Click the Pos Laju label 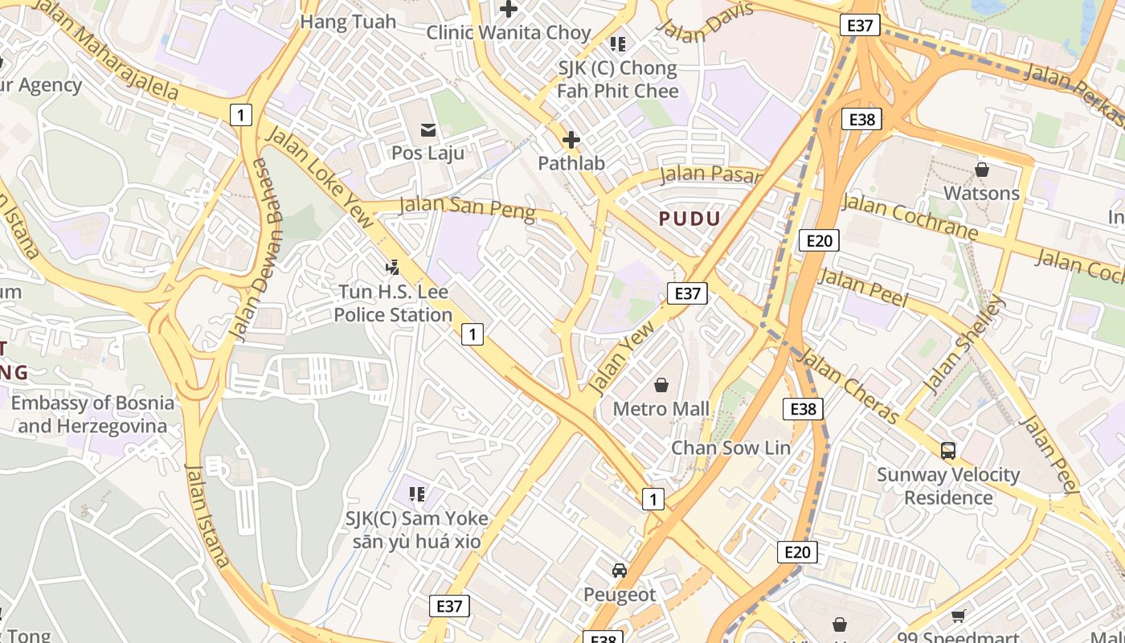coord(427,153)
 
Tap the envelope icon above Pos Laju coord(427,129)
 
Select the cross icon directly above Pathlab coord(571,141)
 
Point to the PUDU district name coord(689,219)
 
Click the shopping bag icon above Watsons coord(981,170)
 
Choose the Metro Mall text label coord(661,409)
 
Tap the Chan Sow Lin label coord(730,448)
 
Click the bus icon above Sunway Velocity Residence coord(948,451)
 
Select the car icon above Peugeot coord(620,571)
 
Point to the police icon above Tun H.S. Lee coord(393,267)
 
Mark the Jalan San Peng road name coord(467,207)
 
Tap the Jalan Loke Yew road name coord(320,176)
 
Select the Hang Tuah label coord(348,22)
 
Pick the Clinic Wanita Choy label coord(508,33)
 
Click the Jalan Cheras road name coord(849,387)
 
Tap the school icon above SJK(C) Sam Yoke coord(416,494)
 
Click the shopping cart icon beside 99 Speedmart coord(958,616)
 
